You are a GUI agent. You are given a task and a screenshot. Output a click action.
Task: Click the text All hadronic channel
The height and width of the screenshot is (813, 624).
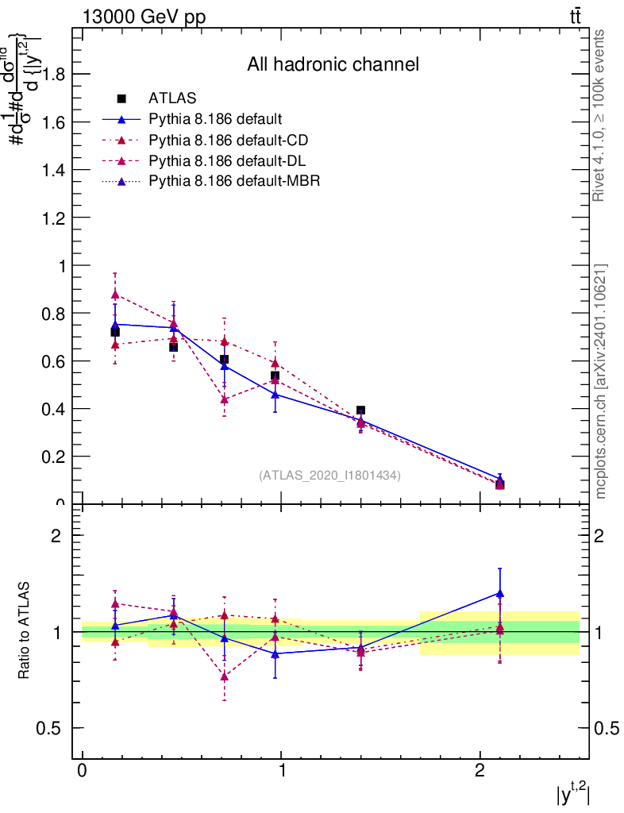[x=333, y=64]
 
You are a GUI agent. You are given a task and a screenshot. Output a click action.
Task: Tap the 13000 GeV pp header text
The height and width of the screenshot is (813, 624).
[x=144, y=17]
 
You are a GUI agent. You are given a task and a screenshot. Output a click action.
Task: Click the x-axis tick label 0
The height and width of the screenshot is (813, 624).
[x=82, y=772]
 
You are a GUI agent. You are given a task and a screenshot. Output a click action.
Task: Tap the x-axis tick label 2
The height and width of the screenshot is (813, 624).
[x=480, y=772]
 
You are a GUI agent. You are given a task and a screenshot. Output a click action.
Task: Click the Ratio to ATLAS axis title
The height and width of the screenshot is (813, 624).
[x=25, y=631]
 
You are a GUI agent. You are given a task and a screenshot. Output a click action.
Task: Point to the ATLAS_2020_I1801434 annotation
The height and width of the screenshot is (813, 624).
[x=329, y=475]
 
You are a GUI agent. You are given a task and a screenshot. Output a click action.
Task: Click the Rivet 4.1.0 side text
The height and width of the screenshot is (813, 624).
[x=600, y=115]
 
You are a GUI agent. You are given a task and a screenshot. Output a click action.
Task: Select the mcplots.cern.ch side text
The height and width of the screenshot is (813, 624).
[x=600, y=381]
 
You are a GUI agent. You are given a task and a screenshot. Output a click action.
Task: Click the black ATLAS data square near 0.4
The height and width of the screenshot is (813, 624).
[x=360, y=410]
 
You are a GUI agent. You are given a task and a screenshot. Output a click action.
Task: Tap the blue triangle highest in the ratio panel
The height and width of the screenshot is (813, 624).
[x=499, y=593]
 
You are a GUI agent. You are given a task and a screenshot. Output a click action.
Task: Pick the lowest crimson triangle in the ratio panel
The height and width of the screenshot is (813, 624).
[x=225, y=676]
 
